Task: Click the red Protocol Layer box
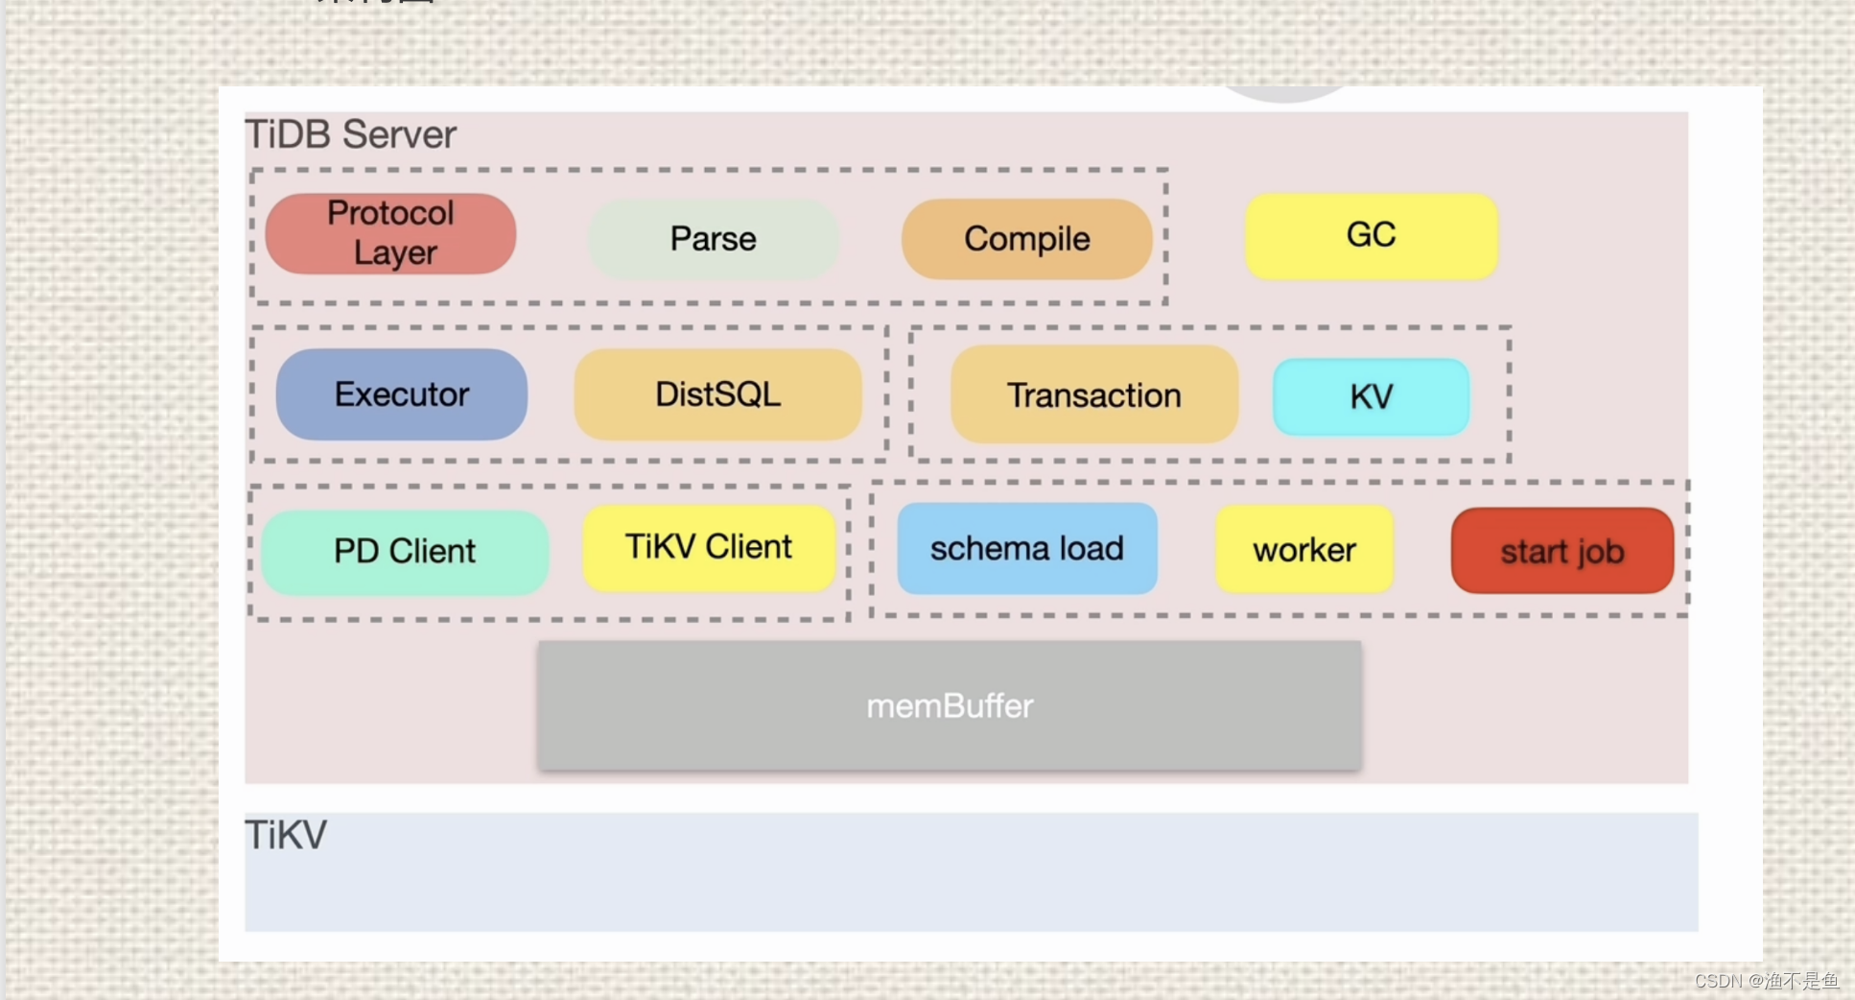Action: pos(390,233)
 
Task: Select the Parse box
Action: pos(714,239)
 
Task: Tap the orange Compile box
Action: pos(1026,239)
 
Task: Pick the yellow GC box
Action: pos(1372,236)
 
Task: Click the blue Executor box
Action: pos(402,394)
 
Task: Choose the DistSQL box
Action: pos(717,394)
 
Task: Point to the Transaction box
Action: pos(1094,394)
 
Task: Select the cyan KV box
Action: pos(1372,396)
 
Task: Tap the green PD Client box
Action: pos(405,552)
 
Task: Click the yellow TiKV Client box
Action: pos(709,548)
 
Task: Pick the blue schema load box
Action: pos(1027,548)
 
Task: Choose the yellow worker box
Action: pos(1304,550)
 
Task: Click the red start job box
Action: pos(1562,551)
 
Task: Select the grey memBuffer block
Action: pos(950,705)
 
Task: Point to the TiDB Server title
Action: pos(351,134)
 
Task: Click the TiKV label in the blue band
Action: pos(286,835)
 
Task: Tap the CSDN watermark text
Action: pos(1767,981)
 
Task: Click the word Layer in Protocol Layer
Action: pos(395,252)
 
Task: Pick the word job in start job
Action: pos(1601,552)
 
